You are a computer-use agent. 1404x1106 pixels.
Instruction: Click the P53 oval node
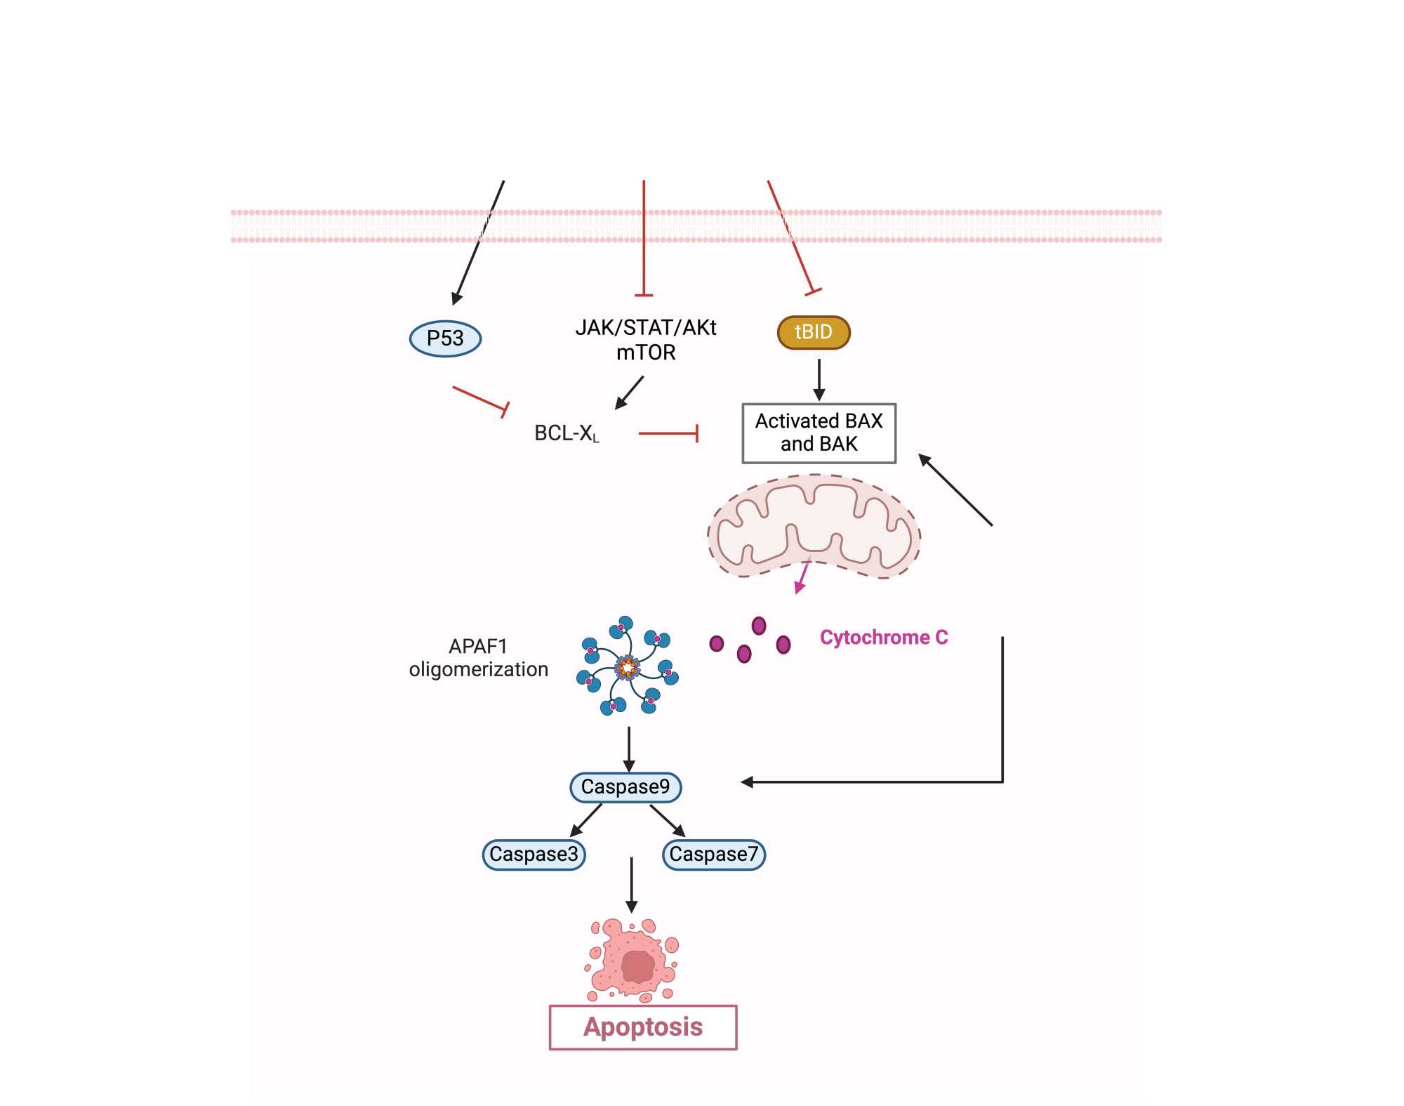(445, 338)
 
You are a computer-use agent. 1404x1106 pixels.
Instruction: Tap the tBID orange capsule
(814, 332)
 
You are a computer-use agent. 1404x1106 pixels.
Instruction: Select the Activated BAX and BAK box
(819, 433)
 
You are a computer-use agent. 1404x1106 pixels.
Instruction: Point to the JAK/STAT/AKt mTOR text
(646, 340)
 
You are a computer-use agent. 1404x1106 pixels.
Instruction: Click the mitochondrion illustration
(814, 527)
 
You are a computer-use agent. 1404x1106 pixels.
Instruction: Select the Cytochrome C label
(883, 638)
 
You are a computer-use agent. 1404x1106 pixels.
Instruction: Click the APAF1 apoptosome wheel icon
(627, 666)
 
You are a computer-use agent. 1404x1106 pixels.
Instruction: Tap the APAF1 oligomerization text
(478, 658)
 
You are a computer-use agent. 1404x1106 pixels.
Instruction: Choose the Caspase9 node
(625, 786)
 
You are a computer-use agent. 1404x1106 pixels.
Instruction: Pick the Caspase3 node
(534, 855)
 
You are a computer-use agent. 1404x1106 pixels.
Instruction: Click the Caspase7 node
(713, 855)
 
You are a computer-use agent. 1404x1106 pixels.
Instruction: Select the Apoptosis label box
(643, 1027)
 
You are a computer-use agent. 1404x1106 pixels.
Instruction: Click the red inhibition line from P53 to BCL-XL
(480, 399)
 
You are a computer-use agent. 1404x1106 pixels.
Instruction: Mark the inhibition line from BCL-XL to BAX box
(668, 433)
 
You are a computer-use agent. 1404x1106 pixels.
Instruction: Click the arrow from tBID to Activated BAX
(819, 380)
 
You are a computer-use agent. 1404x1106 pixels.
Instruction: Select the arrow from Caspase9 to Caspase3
(586, 820)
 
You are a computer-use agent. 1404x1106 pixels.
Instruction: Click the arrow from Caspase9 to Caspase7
(667, 820)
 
